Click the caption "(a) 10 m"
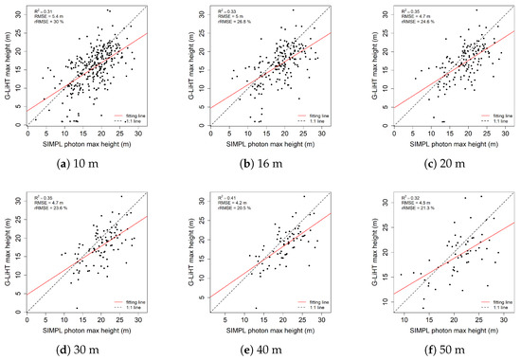point(83,163)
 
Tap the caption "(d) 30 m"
point(83,347)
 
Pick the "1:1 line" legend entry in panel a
point(135,121)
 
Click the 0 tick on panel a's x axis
point(27,134)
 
